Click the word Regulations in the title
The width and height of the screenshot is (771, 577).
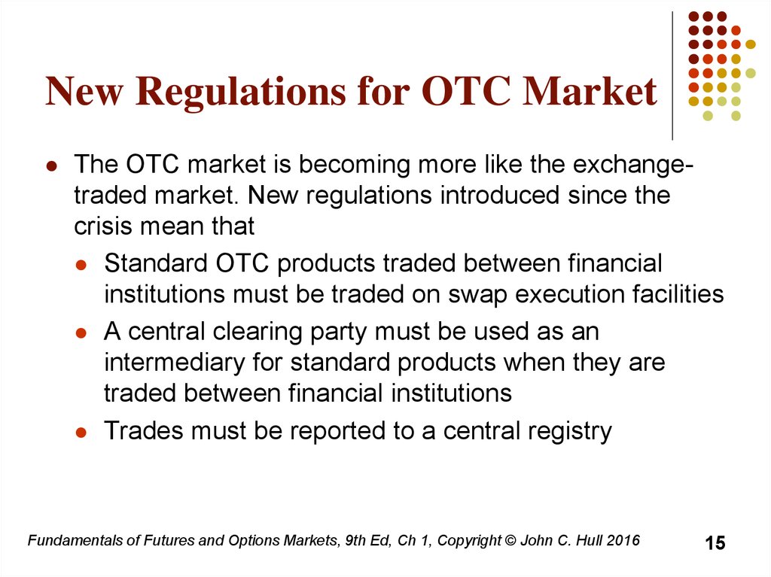click(x=240, y=93)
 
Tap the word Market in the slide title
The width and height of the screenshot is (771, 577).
click(x=589, y=91)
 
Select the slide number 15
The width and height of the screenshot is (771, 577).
click(x=715, y=543)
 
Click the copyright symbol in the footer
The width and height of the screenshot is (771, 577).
click(x=510, y=541)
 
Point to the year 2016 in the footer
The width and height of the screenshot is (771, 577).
click(x=623, y=541)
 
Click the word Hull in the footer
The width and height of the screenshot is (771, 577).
click(x=590, y=541)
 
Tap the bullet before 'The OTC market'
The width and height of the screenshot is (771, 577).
click(x=51, y=166)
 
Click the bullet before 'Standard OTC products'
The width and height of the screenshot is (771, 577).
click(x=81, y=266)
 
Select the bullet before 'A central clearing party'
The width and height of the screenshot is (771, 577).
click(x=81, y=334)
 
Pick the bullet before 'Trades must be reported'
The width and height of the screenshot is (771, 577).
click(x=81, y=433)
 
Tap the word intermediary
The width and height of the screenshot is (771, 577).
click(x=175, y=363)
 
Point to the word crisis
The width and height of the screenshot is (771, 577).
click(x=103, y=226)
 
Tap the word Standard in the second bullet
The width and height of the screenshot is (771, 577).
click(x=155, y=263)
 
